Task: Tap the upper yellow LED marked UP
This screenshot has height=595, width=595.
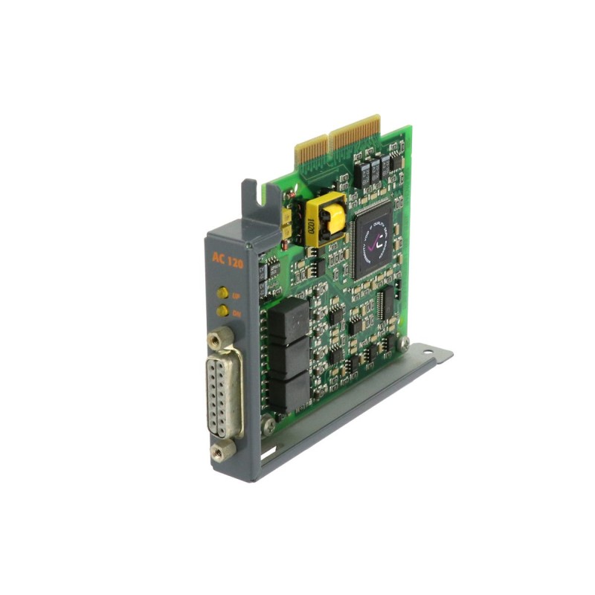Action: [222, 295]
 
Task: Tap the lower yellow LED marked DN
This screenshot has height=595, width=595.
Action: [222, 312]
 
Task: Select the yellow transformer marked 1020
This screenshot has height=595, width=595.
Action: [325, 217]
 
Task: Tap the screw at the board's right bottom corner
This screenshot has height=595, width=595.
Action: [403, 343]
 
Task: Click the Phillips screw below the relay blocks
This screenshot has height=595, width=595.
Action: [269, 426]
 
